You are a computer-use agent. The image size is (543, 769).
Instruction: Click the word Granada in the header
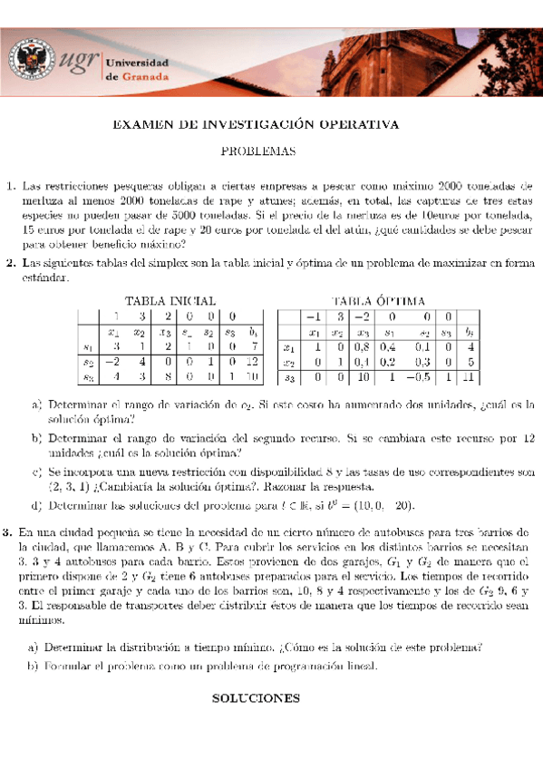(145, 76)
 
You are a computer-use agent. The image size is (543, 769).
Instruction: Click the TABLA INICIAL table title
(170, 300)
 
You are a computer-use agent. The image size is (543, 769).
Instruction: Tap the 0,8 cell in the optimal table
(363, 346)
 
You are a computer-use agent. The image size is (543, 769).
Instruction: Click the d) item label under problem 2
(36, 505)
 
